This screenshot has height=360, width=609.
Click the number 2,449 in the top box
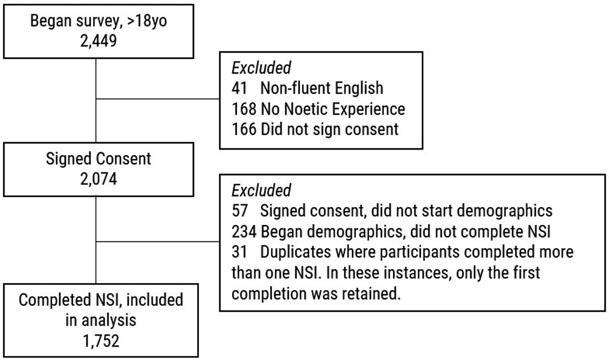[x=99, y=41]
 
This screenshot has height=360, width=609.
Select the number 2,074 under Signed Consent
[x=99, y=179]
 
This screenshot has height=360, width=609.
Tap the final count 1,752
[x=101, y=341]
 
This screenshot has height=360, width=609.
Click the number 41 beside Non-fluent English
[x=239, y=88]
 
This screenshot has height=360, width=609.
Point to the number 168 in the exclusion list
[x=244, y=109]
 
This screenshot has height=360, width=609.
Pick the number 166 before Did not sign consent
[x=244, y=129]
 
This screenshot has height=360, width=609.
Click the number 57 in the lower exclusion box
[x=239, y=211]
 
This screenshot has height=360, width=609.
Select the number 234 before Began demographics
[x=244, y=232]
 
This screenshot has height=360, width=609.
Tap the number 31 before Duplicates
[x=239, y=252]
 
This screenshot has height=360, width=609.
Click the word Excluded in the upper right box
[x=262, y=68]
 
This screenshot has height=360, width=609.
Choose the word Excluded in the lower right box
[x=262, y=191]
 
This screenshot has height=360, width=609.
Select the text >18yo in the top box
[x=147, y=20]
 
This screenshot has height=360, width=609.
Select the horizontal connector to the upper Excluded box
[x=158, y=99]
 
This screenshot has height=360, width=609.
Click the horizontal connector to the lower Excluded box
[x=158, y=241]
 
